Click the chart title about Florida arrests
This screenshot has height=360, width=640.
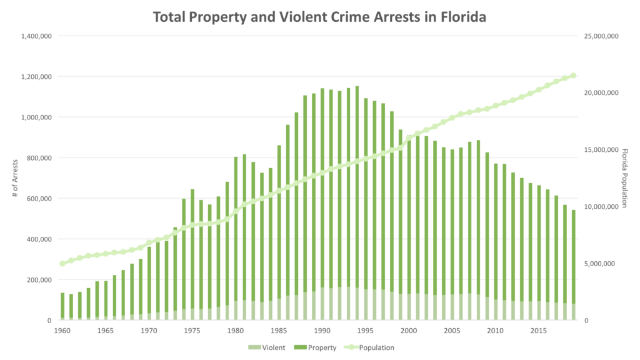[320, 17]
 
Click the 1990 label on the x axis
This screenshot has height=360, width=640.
[322, 329]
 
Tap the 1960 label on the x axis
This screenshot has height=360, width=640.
[62, 329]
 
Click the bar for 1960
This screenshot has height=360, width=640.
[62, 306]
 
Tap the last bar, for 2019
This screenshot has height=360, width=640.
[573, 269]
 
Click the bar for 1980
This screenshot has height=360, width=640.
[236, 238]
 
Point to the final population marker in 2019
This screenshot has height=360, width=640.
[573, 75]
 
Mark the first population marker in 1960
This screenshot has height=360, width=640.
[62, 264]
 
